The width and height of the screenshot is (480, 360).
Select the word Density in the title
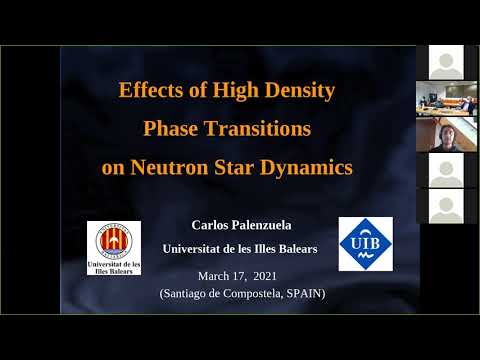tap(297, 91)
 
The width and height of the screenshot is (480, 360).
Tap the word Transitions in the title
tap(264, 129)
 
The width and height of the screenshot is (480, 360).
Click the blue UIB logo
tap(365, 243)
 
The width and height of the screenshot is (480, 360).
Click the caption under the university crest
tap(113, 267)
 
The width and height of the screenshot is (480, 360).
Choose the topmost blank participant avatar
tap(446, 62)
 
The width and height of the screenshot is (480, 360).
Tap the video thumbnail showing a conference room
tap(446, 98)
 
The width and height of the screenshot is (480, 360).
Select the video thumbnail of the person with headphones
tap(446, 134)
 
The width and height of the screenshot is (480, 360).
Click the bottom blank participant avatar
tap(446, 205)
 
